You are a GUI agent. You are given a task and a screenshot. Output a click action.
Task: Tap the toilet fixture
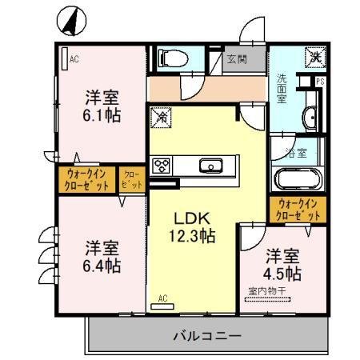(169, 58)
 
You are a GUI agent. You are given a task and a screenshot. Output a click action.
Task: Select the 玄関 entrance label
(236, 58)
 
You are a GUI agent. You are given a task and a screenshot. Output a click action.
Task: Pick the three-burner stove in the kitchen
(162, 166)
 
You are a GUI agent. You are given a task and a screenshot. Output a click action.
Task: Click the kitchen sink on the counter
(213, 166)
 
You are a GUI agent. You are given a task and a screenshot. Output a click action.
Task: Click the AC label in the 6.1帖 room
(74, 59)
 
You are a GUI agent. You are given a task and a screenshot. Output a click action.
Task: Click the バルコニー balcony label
(206, 335)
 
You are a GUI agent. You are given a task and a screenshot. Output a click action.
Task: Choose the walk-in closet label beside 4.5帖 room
(298, 210)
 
